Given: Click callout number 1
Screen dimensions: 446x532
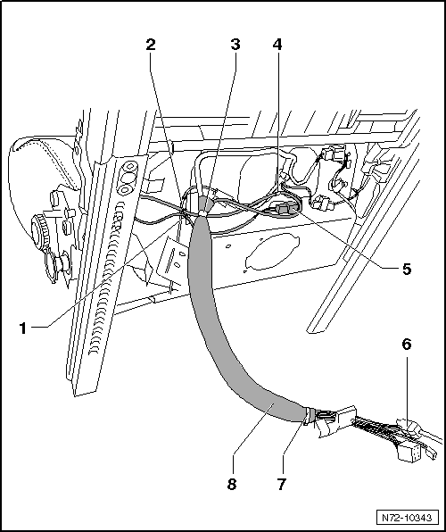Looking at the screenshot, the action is (22, 328).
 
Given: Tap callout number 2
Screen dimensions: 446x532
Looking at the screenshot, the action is (151, 45).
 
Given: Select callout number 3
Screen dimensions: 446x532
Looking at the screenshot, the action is (235, 45).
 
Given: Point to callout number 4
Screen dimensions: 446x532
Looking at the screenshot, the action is (277, 45).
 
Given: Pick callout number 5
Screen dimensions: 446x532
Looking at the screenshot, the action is (407, 269).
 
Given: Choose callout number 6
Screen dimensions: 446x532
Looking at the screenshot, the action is (407, 344).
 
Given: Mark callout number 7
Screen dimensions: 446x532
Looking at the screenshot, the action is (282, 484).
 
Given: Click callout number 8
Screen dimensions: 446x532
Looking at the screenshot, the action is (232, 484).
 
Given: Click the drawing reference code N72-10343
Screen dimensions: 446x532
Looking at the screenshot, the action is (407, 518).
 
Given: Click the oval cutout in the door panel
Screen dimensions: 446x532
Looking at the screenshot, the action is (271, 251).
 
